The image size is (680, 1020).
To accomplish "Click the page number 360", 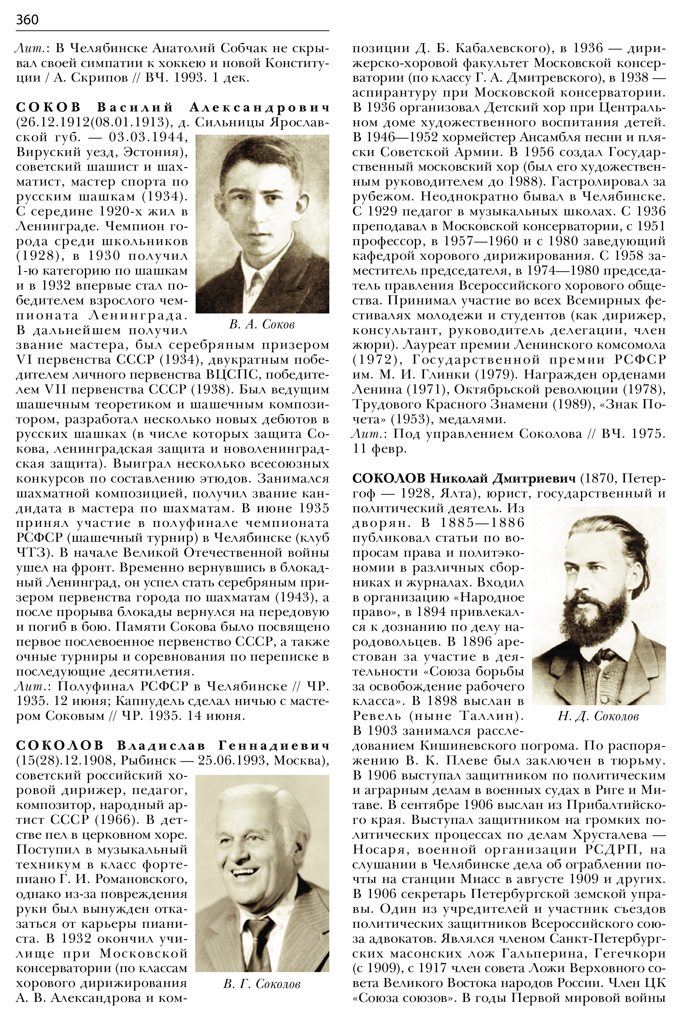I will (27, 19).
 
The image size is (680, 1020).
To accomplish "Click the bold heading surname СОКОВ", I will (49, 107).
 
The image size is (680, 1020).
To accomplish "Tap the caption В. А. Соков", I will (262, 324).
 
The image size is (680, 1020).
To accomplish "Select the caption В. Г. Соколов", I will (262, 984).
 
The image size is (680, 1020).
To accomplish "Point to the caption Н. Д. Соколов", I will (598, 716).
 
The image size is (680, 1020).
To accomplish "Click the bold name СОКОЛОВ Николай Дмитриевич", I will (464, 479).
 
